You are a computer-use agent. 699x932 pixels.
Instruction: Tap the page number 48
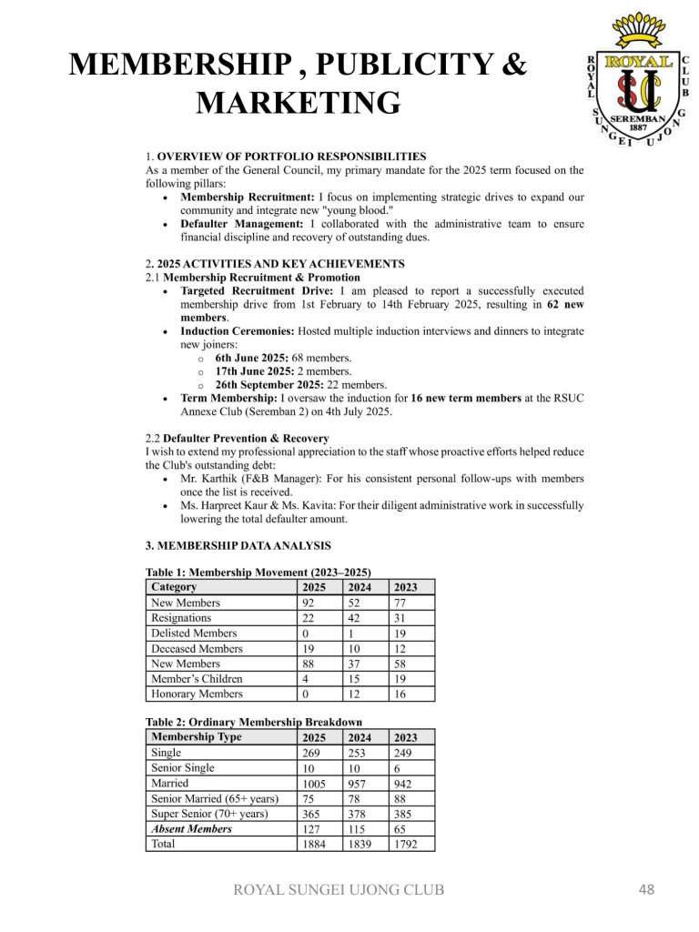pos(646,889)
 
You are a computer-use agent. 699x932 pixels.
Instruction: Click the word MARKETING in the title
pos(299,103)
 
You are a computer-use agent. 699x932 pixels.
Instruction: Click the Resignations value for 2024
pos(358,618)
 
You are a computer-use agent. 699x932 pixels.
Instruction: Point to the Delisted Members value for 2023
pos(401,633)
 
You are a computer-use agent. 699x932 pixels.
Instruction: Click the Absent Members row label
pos(191,828)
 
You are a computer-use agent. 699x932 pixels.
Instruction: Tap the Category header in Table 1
pos(174,587)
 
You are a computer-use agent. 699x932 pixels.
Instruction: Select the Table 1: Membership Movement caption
pos(258,572)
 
